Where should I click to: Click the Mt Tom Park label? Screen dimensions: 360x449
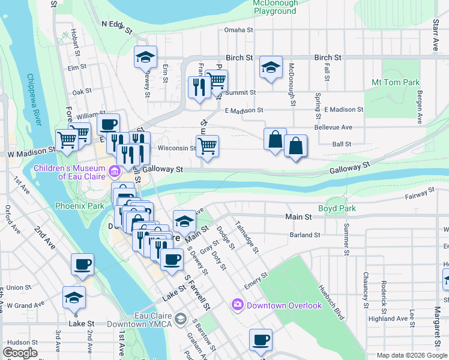tap(395, 82)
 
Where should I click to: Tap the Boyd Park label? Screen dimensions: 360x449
tap(337, 209)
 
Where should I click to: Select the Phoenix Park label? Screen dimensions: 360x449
tap(79, 205)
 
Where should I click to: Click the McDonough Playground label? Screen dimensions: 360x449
tap(276, 7)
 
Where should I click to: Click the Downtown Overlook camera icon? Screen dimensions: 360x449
tap(237, 305)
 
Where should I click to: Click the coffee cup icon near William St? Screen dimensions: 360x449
tap(108, 125)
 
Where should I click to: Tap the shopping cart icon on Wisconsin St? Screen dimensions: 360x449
tap(207, 145)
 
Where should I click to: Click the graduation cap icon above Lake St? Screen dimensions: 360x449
tap(74, 297)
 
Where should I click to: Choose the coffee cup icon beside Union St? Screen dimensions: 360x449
tap(82, 264)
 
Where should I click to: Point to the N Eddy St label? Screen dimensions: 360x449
tap(116, 24)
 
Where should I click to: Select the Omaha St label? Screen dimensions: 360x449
tap(238, 29)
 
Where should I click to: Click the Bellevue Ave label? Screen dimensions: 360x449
tap(333, 127)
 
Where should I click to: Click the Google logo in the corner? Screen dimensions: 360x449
tap(20, 353)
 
